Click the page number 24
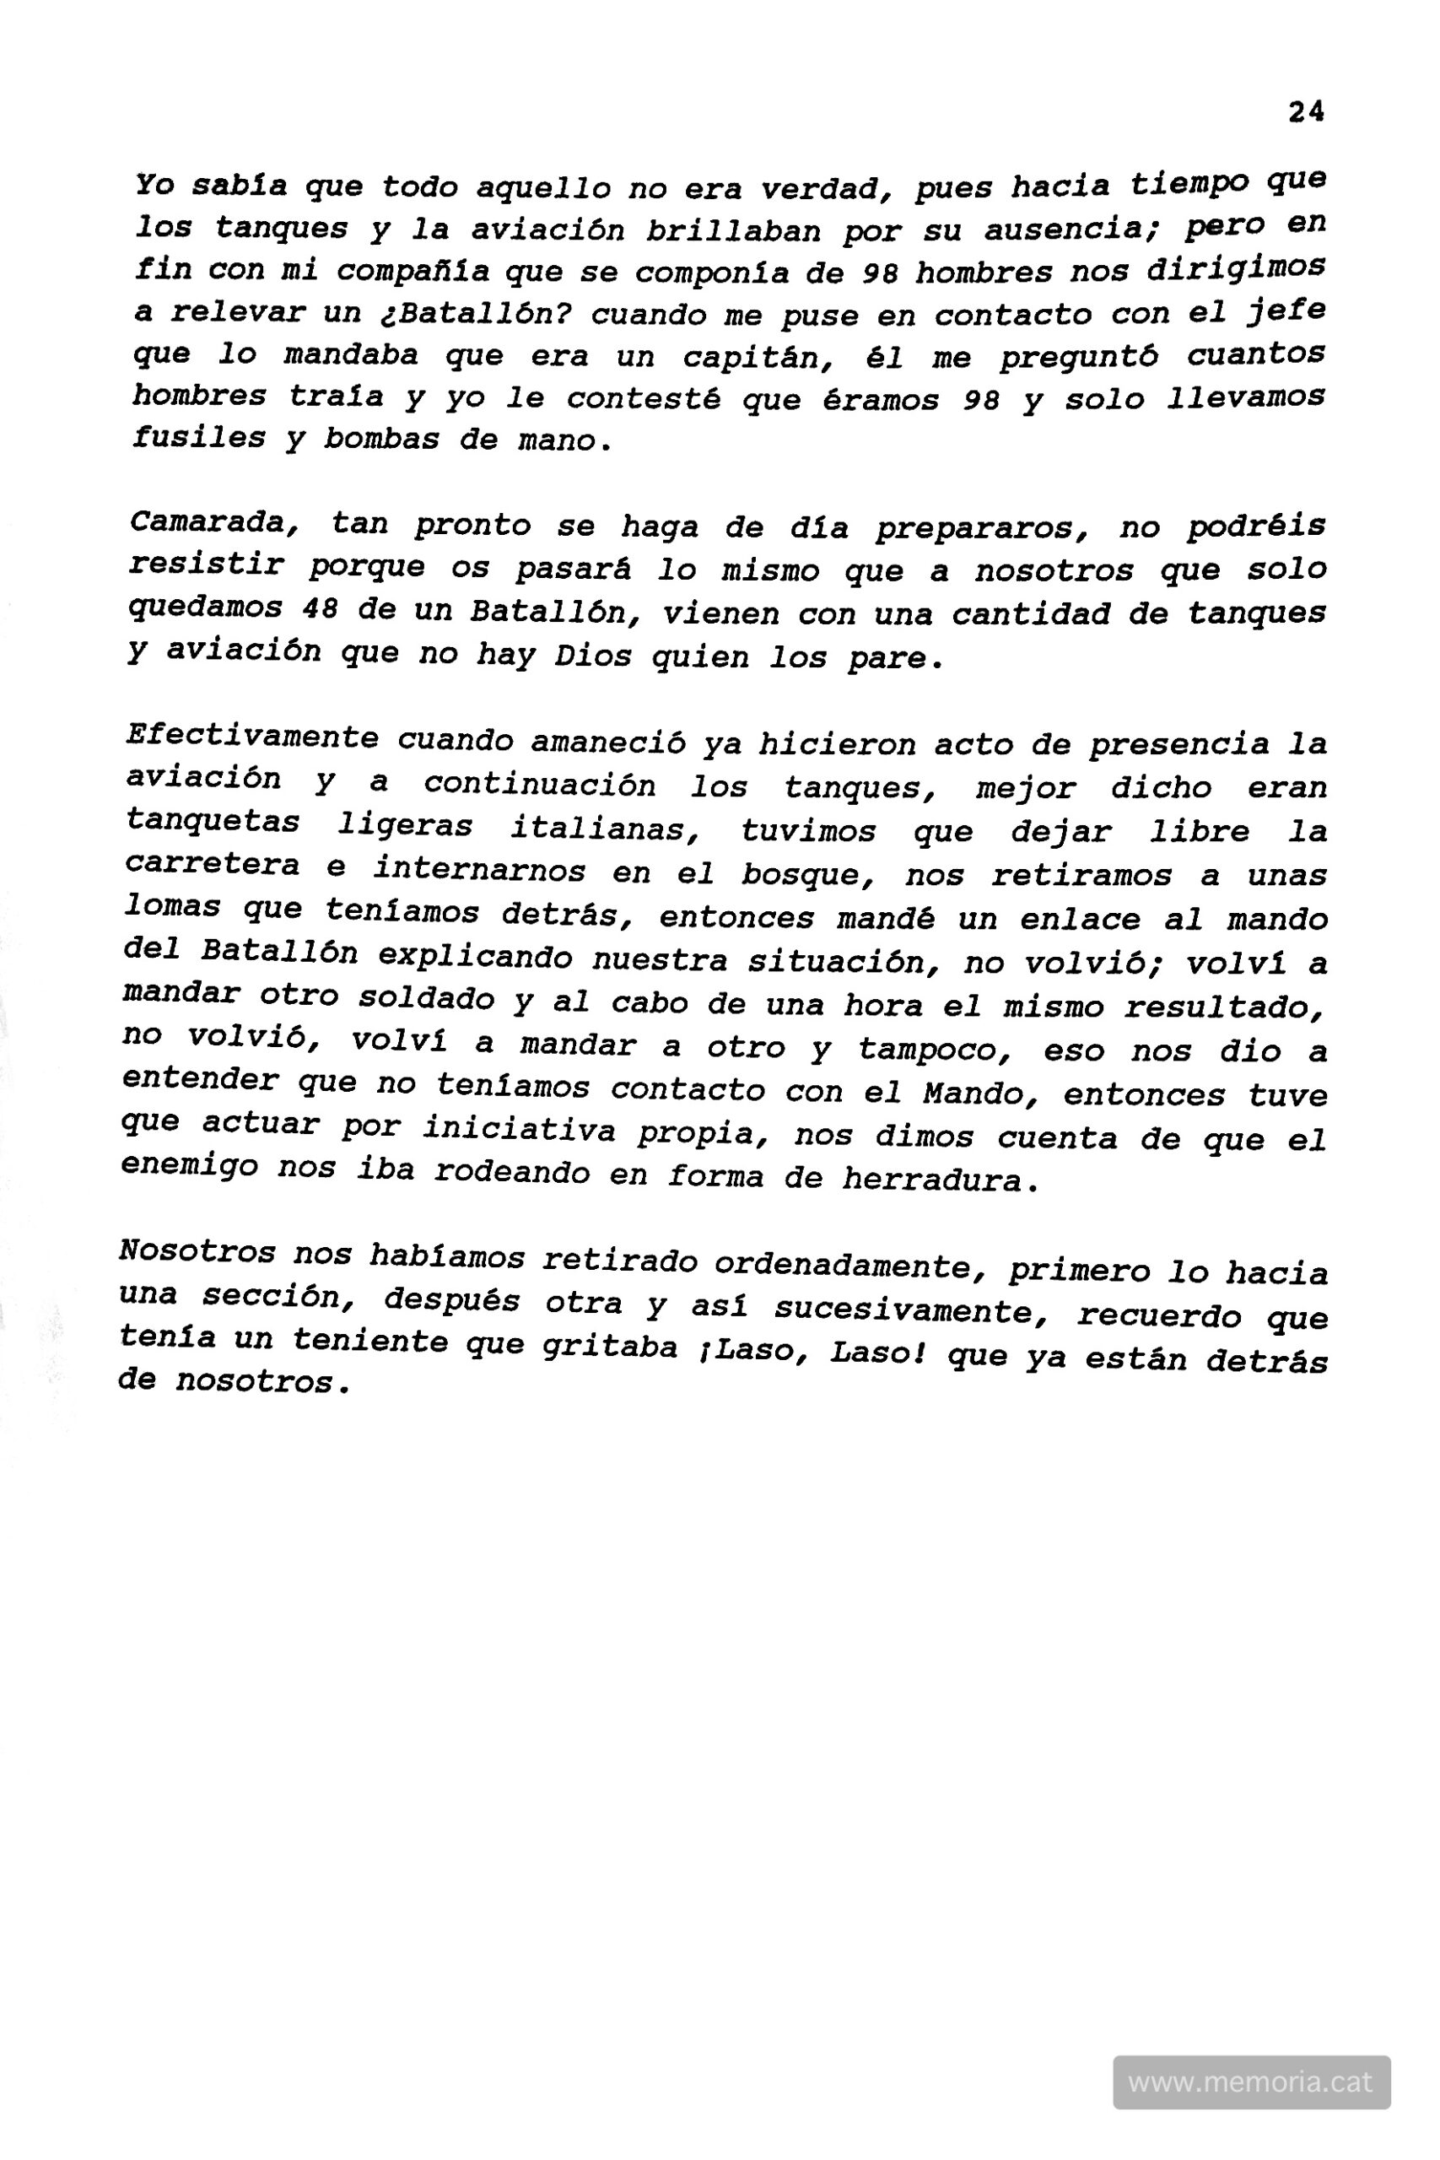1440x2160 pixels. click(1305, 113)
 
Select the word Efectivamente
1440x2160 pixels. click(251, 737)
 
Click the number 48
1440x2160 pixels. click(320, 609)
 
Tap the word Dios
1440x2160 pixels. click(592, 656)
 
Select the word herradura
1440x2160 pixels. click(941, 1180)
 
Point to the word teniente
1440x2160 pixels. click(369, 1342)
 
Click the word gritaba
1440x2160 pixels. click(610, 1347)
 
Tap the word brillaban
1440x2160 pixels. click(733, 229)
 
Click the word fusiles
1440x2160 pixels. click(199, 437)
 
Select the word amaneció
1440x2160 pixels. click(607, 741)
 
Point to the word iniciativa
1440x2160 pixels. click(519, 1130)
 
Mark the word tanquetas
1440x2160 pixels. click(212, 821)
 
